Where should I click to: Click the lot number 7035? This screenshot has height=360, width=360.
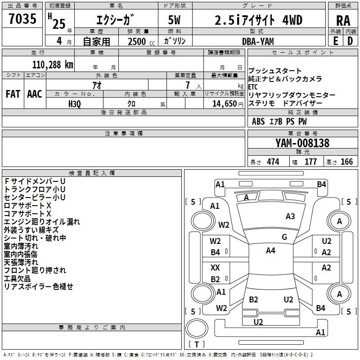pyautogui.click(x=22, y=19)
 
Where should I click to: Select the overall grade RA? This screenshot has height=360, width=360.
pyautogui.click(x=343, y=21)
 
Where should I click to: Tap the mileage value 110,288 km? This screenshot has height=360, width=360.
pyautogui.click(x=53, y=65)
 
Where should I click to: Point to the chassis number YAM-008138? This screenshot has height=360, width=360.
pyautogui.click(x=302, y=143)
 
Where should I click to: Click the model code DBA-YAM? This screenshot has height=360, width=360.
pyautogui.click(x=258, y=41)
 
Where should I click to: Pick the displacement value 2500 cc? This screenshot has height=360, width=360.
pyautogui.click(x=141, y=41)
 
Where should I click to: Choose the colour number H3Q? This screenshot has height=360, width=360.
pyautogui.click(x=75, y=104)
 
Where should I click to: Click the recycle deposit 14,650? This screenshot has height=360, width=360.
pyautogui.click(x=224, y=104)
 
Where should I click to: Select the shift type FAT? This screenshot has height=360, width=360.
pyautogui.click(x=13, y=94)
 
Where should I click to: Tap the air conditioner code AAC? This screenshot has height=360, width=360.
pyautogui.click(x=35, y=94)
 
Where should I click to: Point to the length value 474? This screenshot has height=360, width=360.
pyautogui.click(x=273, y=162)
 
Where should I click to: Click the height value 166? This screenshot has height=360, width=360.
pyautogui.click(x=346, y=162)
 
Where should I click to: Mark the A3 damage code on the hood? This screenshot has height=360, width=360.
pyautogui.click(x=290, y=216)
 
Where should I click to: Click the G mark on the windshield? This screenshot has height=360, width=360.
pyautogui.click(x=284, y=237)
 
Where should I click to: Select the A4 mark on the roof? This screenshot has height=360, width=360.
pyautogui.click(x=270, y=251)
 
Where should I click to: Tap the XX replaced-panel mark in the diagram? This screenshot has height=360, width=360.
pyautogui.click(x=215, y=268)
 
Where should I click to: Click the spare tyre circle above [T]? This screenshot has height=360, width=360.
pyautogui.click(x=197, y=328)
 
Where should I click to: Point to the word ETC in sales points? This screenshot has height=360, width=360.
pyautogui.click(x=253, y=87)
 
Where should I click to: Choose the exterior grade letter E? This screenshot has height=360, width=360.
pyautogui.click(x=336, y=41)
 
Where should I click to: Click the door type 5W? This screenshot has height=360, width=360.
pyautogui.click(x=175, y=20)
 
